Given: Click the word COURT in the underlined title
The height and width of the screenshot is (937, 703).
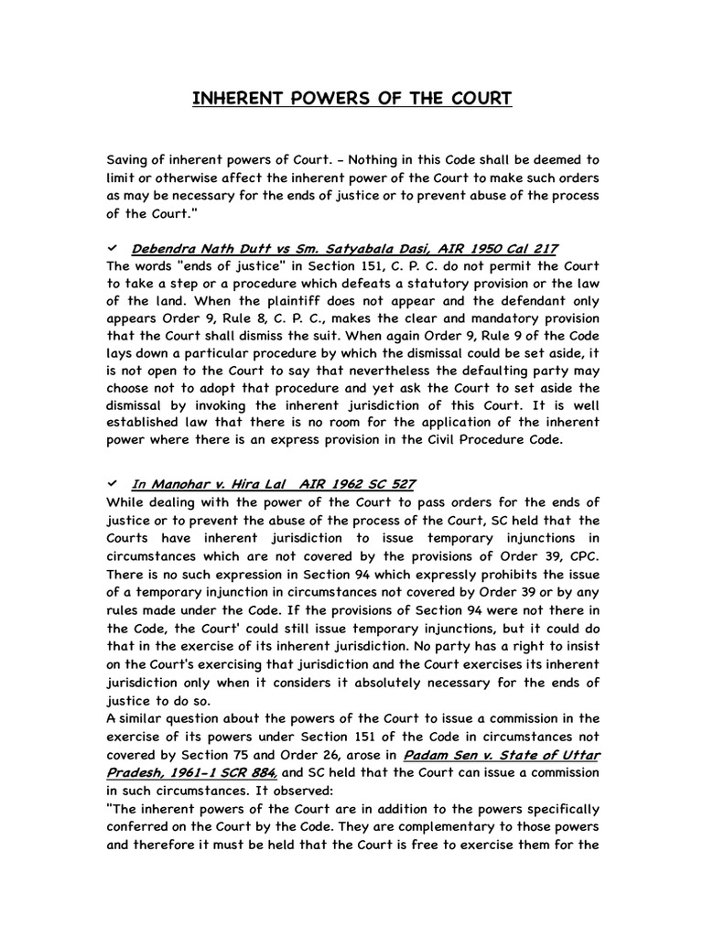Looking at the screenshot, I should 481,99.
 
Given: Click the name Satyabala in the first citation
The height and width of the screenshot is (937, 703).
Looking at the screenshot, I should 361,248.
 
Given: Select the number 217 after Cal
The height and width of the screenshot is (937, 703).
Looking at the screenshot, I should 542,248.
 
